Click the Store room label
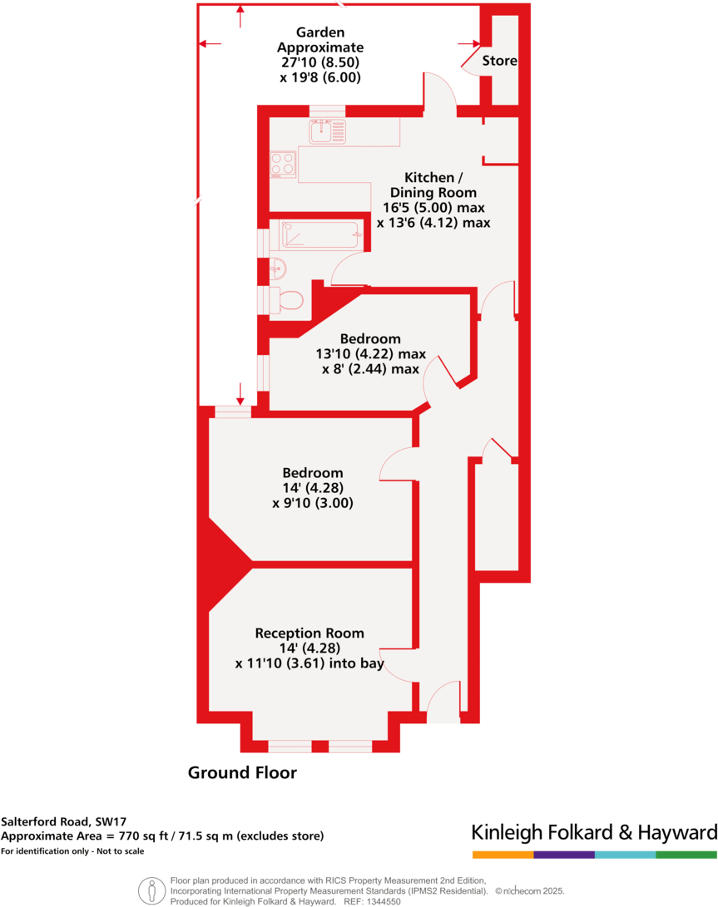(x=499, y=61)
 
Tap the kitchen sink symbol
(x=327, y=131)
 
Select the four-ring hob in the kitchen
(x=283, y=164)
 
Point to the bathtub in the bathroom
(x=320, y=234)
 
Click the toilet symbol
(x=287, y=300)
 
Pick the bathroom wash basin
(x=278, y=269)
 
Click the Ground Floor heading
(x=242, y=773)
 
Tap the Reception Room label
(x=309, y=633)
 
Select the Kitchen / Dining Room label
(x=433, y=185)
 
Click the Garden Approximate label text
(x=320, y=40)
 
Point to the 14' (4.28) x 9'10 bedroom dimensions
(x=313, y=495)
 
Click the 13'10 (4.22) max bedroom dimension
(x=370, y=354)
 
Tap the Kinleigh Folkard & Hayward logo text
(x=594, y=833)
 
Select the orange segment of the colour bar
(x=503, y=855)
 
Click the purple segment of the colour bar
(x=564, y=855)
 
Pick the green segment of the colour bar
(x=686, y=855)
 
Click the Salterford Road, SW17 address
(x=63, y=821)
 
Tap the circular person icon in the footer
(x=151, y=890)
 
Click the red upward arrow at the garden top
(x=240, y=16)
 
